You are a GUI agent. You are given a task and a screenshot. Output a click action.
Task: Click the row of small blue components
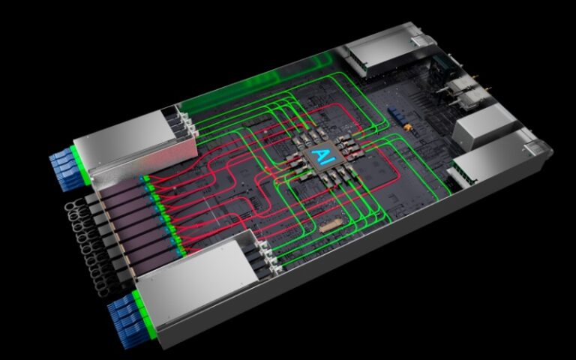coord(397,115)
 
